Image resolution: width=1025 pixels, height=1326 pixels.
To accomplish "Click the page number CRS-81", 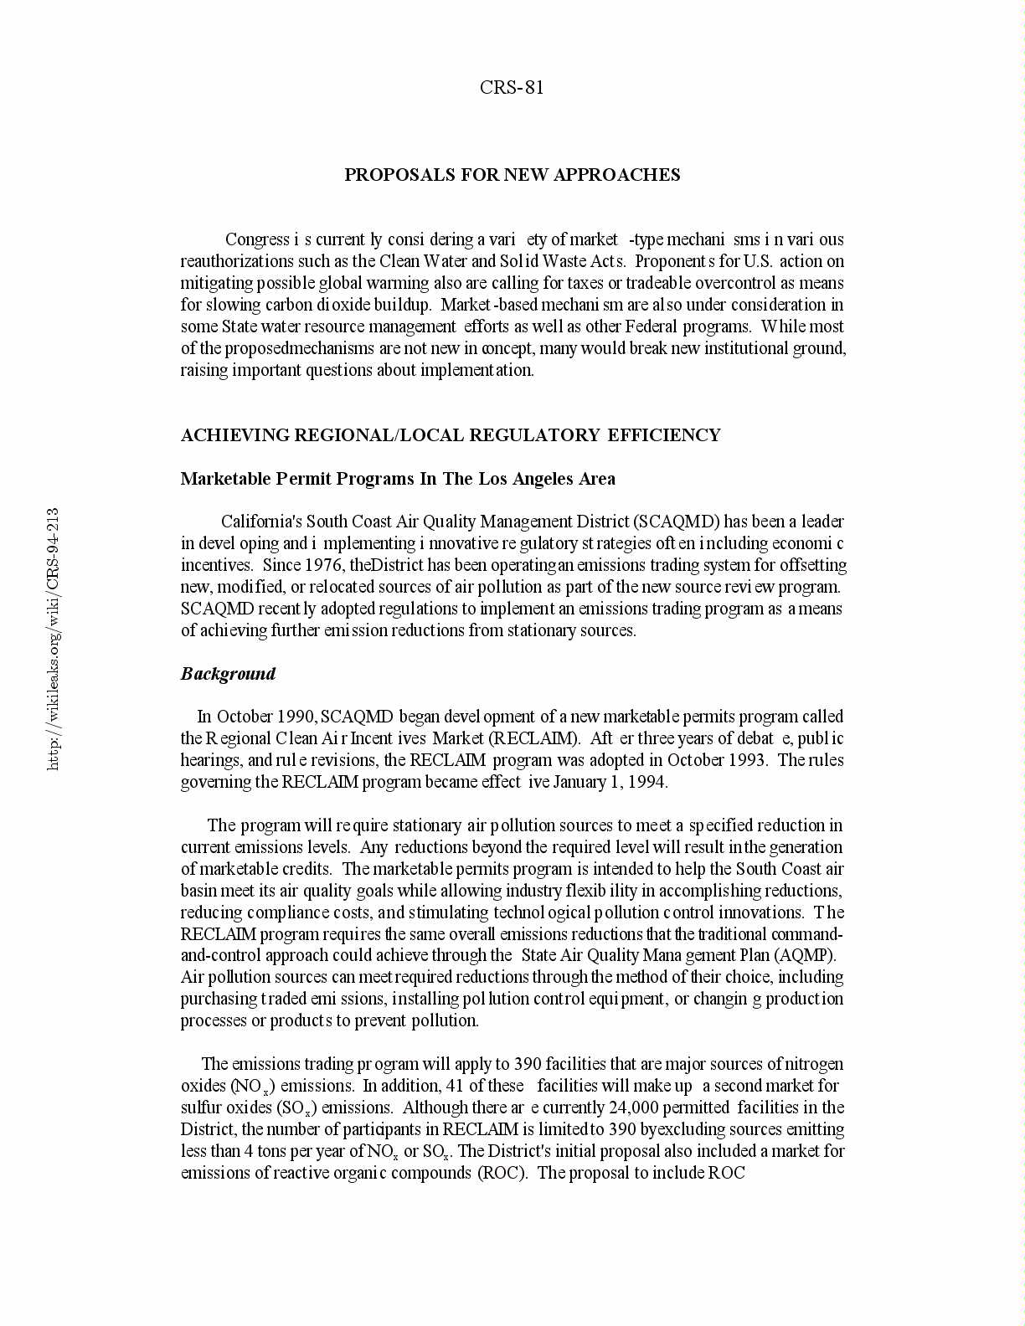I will [x=512, y=87].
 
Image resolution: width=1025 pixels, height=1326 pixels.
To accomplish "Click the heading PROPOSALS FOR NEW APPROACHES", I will [x=512, y=174].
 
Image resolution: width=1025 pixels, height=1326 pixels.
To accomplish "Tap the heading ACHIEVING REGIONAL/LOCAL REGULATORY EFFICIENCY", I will [x=451, y=434].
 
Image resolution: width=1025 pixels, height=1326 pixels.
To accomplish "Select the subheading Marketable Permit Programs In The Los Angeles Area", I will [x=398, y=479].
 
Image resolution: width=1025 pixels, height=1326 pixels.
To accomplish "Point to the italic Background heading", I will [x=228, y=674].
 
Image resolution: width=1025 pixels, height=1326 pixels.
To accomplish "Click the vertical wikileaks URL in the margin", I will [x=53, y=639].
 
